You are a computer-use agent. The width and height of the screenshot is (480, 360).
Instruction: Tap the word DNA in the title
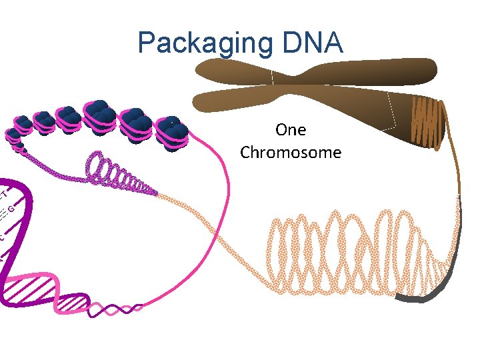(310, 43)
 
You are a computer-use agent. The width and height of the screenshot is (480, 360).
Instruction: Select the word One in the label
(290, 130)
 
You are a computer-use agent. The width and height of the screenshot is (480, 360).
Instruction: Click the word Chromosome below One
(291, 153)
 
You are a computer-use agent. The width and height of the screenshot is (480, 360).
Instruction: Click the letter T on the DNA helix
(3, 193)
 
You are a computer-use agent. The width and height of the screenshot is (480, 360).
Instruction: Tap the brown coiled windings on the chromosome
(427, 123)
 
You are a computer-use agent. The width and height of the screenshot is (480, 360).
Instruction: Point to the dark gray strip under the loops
(427, 293)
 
